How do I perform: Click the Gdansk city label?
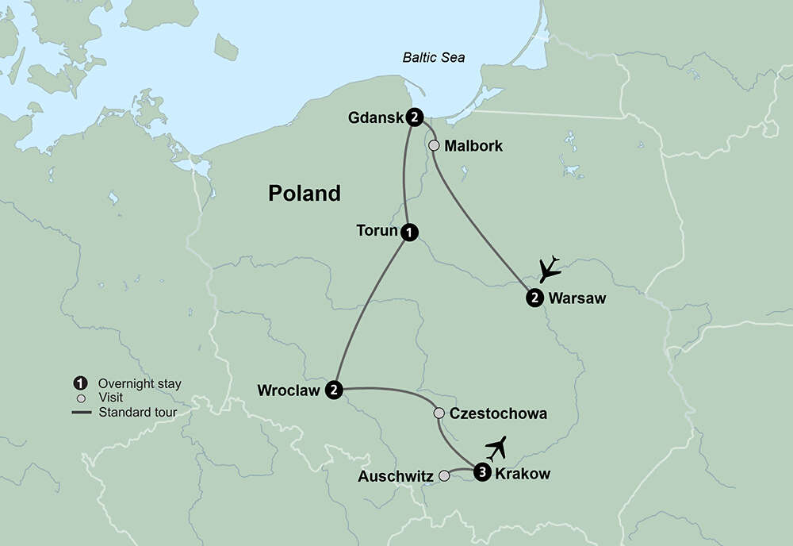tap(376, 118)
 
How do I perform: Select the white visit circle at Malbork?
tap(434, 146)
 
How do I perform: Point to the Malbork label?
tap(473, 146)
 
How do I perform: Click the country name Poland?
tap(305, 193)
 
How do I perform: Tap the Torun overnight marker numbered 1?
tap(409, 232)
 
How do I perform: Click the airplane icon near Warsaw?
tap(549, 270)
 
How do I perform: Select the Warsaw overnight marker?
tap(534, 298)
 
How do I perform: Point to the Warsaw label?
tap(577, 298)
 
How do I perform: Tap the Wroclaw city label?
tap(289, 390)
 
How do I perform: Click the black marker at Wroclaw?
tap(335, 390)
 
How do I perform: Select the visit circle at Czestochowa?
tap(439, 413)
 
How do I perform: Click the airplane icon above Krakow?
tap(496, 449)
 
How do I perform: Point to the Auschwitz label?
tap(395, 477)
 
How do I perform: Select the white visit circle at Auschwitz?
tap(444, 476)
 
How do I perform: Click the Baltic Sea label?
tap(434, 57)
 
